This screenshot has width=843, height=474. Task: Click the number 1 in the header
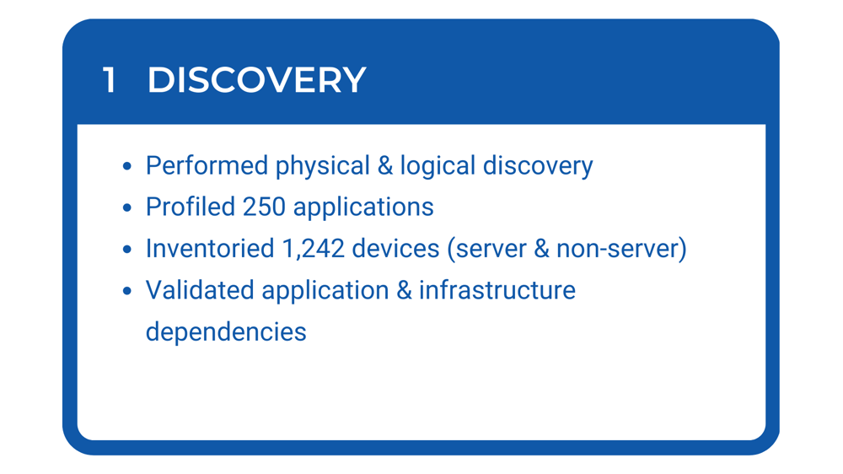click(x=109, y=79)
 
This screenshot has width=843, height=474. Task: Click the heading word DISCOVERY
click(x=256, y=79)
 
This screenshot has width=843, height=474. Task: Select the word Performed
click(x=207, y=165)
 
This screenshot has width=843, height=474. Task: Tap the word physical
click(x=323, y=167)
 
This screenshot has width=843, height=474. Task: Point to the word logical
click(x=438, y=167)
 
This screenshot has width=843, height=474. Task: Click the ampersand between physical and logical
click(x=385, y=165)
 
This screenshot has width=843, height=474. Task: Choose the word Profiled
click(x=191, y=207)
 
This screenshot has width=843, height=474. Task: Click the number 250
click(x=263, y=207)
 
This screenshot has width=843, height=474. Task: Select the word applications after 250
click(x=362, y=209)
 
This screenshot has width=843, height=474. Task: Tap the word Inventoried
click(x=210, y=249)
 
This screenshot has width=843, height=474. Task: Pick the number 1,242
click(x=313, y=250)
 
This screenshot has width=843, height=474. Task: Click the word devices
click(x=395, y=249)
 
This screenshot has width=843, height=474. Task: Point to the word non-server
click(x=617, y=249)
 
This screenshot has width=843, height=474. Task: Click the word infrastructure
click(x=497, y=290)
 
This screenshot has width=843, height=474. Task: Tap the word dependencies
click(x=226, y=333)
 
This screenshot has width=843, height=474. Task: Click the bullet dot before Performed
click(x=127, y=166)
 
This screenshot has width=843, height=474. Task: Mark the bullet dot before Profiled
click(x=127, y=207)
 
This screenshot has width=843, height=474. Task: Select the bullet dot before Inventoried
click(x=127, y=250)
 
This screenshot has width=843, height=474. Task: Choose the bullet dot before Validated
click(x=127, y=291)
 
